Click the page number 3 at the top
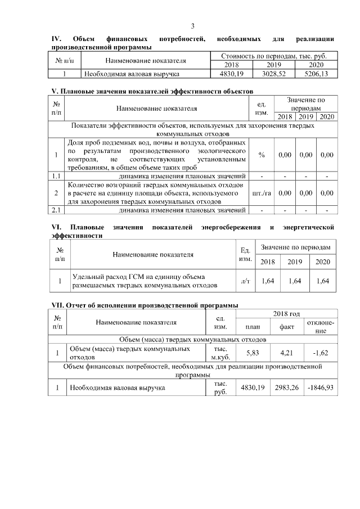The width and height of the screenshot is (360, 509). (193, 26)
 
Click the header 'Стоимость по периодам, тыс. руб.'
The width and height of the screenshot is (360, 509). (274, 56)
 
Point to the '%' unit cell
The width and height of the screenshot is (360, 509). (262, 155)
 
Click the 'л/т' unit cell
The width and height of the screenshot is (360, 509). (245, 281)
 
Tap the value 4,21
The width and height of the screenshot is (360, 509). (287, 353)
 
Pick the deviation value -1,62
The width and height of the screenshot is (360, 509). (321, 353)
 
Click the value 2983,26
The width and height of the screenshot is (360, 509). (287, 388)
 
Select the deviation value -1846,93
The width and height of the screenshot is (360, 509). (321, 388)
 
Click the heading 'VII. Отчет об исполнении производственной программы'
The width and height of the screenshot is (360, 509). (143, 305)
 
